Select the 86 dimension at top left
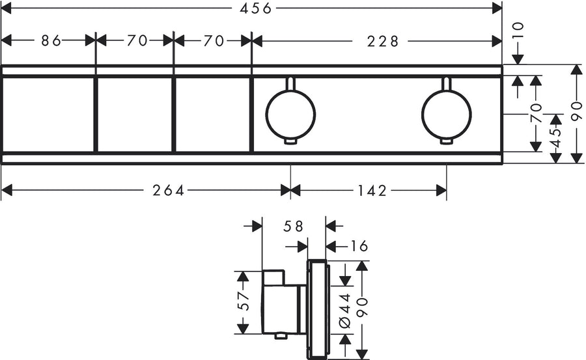point(51,41)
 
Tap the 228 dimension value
point(382,41)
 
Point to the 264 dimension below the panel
point(169,190)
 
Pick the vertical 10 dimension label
point(518,31)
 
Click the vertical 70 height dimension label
point(536,114)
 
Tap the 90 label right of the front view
point(576,114)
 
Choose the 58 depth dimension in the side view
point(294,227)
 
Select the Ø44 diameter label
point(345,309)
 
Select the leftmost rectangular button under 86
point(48,114)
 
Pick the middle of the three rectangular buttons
point(135,114)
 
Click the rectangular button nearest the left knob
point(212,114)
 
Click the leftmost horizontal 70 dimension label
point(137,41)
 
